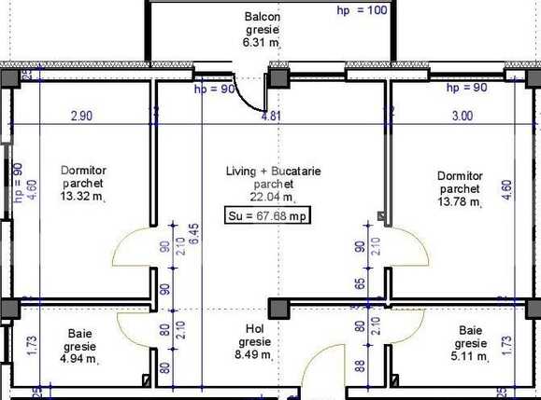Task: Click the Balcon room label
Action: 263,17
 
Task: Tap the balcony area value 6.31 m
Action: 262,41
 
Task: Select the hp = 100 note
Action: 361,11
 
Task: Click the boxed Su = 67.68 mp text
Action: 267,216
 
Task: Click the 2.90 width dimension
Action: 81,117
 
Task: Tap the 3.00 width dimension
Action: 462,117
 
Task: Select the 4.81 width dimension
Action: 270,117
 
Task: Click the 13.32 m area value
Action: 81,198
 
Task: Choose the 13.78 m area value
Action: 460,201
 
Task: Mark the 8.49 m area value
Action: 253,354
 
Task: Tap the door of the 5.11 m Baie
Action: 408,326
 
